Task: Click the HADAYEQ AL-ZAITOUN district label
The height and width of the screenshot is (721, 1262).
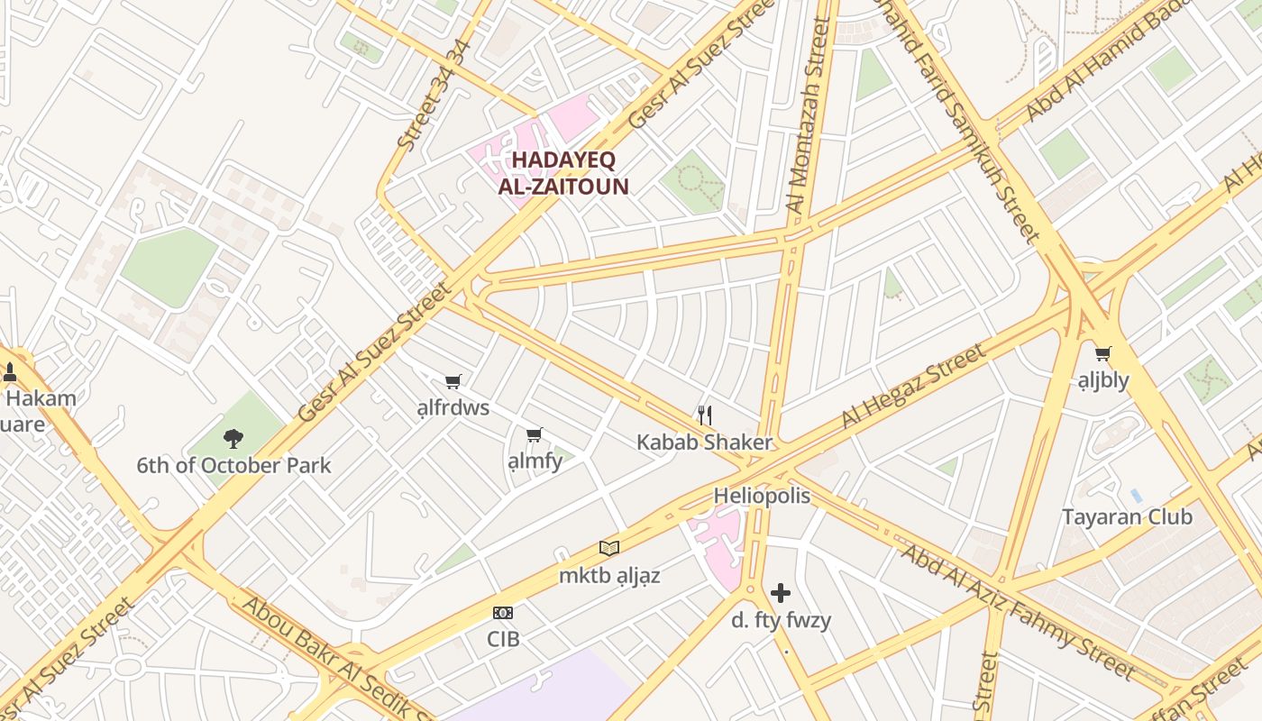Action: pyautogui.click(x=562, y=173)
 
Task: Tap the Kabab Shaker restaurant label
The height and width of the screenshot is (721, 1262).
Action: pyautogui.click(x=704, y=443)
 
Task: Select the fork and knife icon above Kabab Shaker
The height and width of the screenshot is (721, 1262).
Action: pyautogui.click(x=705, y=415)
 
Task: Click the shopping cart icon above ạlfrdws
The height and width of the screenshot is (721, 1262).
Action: pyautogui.click(x=453, y=382)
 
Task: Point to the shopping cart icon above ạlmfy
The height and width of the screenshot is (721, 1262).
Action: pyautogui.click(x=534, y=436)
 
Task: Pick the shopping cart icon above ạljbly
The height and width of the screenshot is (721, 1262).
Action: pyautogui.click(x=1102, y=354)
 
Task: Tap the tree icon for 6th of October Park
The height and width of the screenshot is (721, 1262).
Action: pyautogui.click(x=233, y=439)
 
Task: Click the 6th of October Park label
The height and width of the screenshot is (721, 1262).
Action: pyautogui.click(x=233, y=466)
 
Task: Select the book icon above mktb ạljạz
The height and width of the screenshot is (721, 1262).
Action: pyautogui.click(x=609, y=548)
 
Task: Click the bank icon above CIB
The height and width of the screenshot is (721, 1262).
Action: pyautogui.click(x=503, y=613)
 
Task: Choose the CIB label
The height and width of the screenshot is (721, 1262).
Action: pyautogui.click(x=503, y=638)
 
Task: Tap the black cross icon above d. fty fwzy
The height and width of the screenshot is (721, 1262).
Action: pyautogui.click(x=781, y=593)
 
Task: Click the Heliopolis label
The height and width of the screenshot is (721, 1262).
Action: pyautogui.click(x=762, y=496)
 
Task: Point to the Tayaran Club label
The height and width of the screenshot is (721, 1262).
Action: pyautogui.click(x=1127, y=517)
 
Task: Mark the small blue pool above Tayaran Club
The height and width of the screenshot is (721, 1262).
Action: pyautogui.click(x=1136, y=496)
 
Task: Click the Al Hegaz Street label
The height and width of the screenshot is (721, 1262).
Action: pyautogui.click(x=912, y=386)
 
